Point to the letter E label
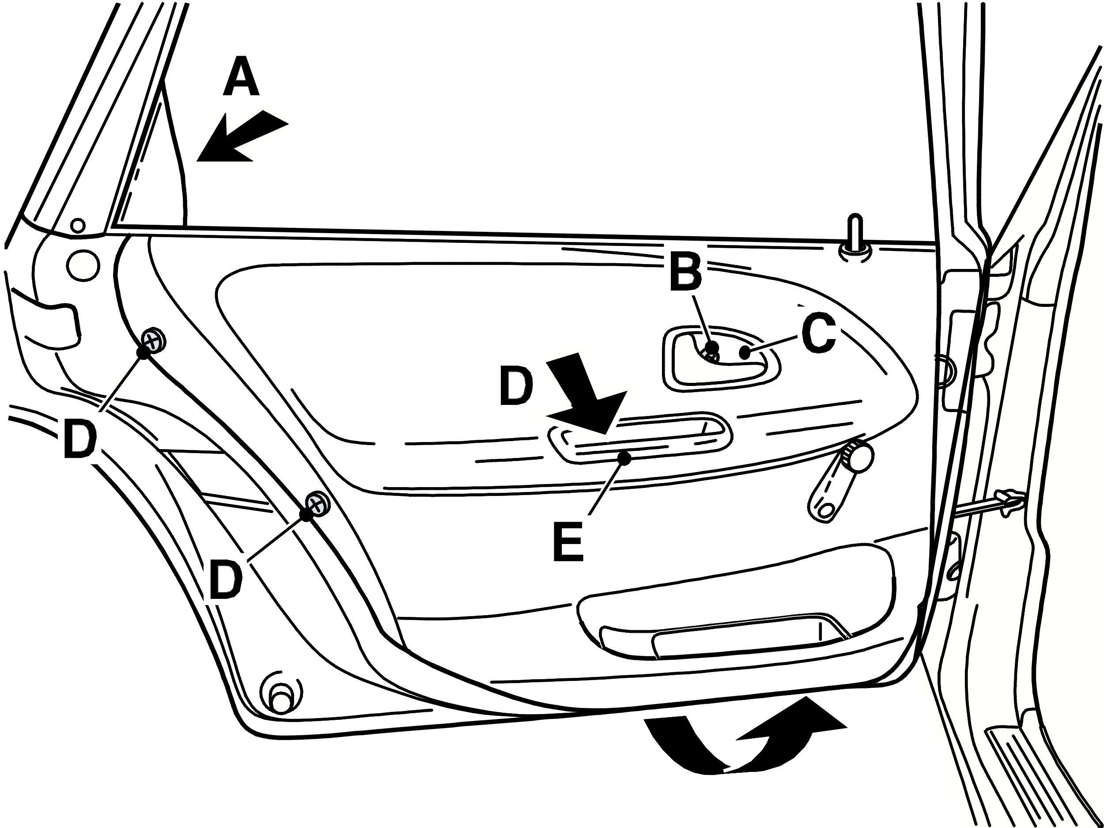click(x=568, y=541)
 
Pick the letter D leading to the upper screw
click(x=80, y=439)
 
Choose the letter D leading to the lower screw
click(x=226, y=579)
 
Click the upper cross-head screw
click(x=154, y=341)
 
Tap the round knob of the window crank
click(x=859, y=455)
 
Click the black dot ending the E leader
click(x=624, y=457)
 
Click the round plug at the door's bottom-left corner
click(x=280, y=696)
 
